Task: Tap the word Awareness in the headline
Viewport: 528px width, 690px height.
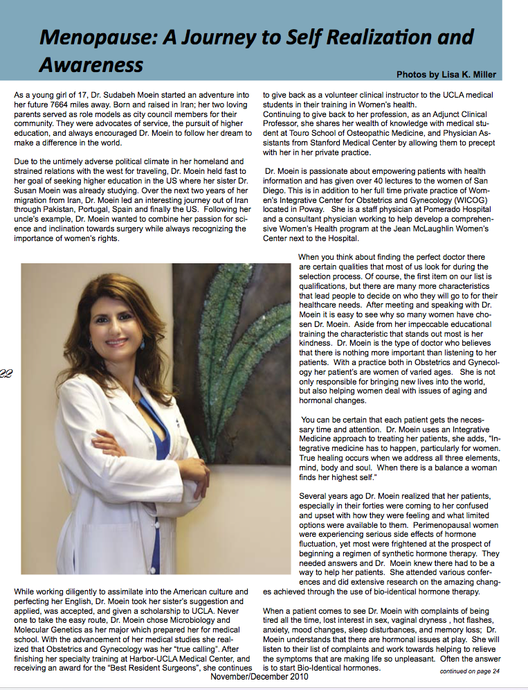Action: pos(91,64)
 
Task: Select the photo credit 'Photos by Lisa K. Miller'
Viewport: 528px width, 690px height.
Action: pos(446,74)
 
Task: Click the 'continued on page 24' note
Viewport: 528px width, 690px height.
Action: pos(469,671)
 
